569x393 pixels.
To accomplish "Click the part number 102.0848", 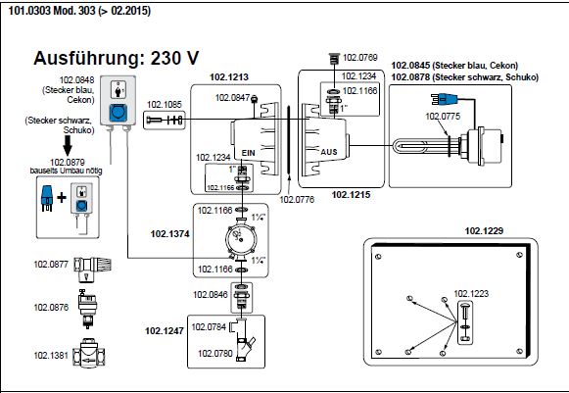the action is click(x=76, y=80).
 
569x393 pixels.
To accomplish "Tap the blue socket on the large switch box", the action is click(x=118, y=113).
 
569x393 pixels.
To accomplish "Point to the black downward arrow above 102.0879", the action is click(x=68, y=145).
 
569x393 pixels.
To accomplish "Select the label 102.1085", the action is click(x=164, y=105).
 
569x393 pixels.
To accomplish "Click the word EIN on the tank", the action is click(x=249, y=153).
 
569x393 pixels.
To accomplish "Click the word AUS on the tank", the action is click(x=329, y=152).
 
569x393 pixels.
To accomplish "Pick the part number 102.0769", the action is click(x=360, y=58).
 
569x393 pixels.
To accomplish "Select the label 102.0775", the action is click(x=443, y=117).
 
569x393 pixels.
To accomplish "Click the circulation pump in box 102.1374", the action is click(x=241, y=238).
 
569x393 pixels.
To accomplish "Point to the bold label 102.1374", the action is click(x=169, y=234).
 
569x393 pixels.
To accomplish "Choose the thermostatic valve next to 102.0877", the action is click(x=92, y=270).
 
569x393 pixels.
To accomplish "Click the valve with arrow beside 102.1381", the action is click(x=89, y=354).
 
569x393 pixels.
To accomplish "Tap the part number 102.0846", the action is click(x=211, y=294).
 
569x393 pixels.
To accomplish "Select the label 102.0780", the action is click(x=214, y=353).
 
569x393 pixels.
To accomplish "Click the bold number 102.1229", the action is click(x=484, y=231).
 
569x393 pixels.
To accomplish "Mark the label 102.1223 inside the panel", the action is click(x=471, y=293).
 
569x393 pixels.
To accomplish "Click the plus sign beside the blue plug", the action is click(x=62, y=198).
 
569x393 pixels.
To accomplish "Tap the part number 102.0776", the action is click(x=297, y=200).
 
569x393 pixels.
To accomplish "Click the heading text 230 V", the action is click(x=174, y=58).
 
